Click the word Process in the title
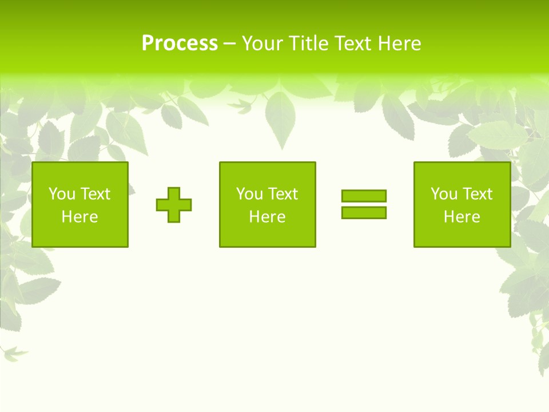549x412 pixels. click(180, 43)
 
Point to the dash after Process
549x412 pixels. click(229, 43)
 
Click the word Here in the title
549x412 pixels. click(399, 43)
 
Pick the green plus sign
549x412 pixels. click(174, 205)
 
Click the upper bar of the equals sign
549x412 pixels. click(364, 196)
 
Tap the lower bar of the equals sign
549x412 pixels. click(364, 212)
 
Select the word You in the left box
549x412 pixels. click(61, 194)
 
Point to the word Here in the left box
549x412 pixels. click(79, 217)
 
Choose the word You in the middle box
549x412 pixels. click(249, 194)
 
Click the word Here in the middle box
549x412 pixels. click(267, 217)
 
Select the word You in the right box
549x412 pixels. click(443, 194)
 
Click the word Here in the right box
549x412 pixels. click(462, 217)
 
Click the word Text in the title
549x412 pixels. click(353, 43)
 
